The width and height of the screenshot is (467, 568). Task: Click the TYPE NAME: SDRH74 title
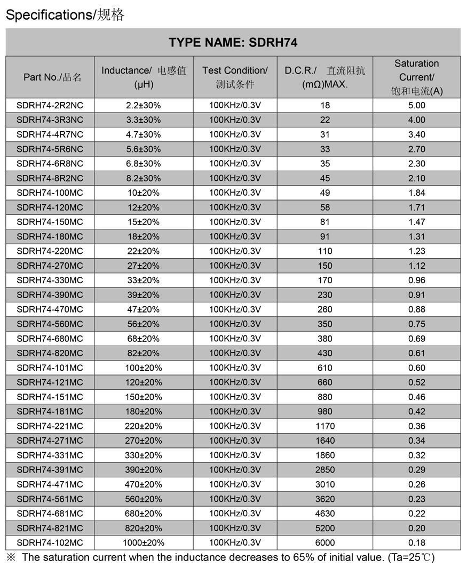tap(233, 43)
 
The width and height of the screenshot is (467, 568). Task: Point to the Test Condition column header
tap(235, 77)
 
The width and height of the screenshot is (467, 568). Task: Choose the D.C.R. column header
tap(324, 77)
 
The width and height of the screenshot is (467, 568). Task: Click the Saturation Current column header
tap(416, 77)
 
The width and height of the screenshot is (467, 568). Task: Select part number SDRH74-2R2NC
tap(50, 106)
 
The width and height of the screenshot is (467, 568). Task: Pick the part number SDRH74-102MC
tap(50, 543)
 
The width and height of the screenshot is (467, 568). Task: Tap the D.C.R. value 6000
tap(325, 543)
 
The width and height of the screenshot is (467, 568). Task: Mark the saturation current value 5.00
tap(416, 106)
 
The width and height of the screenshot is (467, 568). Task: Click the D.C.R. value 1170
tap(325, 426)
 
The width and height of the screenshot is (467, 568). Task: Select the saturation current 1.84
tap(416, 193)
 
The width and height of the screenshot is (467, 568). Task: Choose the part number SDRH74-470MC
tap(50, 309)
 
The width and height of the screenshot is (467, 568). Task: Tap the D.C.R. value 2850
tap(325, 470)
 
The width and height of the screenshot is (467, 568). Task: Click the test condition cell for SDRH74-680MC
tap(235, 339)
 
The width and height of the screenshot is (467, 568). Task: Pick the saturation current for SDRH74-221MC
tap(416, 426)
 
